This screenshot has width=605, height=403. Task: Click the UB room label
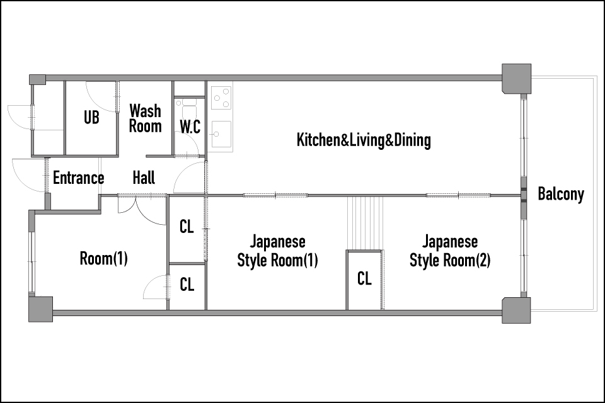pos(91,118)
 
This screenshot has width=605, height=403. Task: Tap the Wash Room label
pos(145,118)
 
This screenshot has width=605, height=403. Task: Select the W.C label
pos(190,127)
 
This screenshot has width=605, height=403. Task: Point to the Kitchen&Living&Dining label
pos(364,140)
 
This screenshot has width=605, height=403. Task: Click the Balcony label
pos(561,193)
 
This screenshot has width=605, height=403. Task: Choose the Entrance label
pos(78,178)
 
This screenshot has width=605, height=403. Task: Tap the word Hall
pos(144,178)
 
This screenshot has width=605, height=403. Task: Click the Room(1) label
pos(103,258)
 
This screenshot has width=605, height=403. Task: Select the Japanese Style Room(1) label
pos(277,251)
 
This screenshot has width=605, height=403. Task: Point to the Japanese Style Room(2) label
pos(450,251)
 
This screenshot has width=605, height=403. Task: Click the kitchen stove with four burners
pos(221,98)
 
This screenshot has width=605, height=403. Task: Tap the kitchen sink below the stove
pos(221,134)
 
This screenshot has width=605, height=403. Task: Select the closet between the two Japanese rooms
pos(364,280)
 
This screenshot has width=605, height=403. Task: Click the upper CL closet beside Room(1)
pos(187,229)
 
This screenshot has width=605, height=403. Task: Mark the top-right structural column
pos(517,79)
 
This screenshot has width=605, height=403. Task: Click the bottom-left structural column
pos(40,309)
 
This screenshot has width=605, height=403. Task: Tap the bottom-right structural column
pos(516,310)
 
